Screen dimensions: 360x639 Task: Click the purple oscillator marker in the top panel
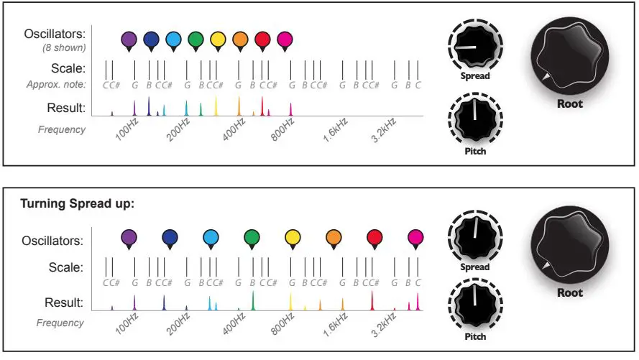point(129,40)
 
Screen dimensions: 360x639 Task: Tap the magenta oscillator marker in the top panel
point(285,40)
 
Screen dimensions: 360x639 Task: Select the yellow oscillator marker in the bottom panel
point(293,237)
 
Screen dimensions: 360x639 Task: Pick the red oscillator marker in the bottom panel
point(374,237)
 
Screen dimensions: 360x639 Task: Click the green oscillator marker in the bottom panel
point(252,237)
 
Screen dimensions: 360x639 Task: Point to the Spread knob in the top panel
point(475,45)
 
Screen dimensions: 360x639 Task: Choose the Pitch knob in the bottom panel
point(475,305)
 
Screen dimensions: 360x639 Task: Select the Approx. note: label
point(55,85)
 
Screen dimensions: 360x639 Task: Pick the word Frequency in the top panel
point(61,130)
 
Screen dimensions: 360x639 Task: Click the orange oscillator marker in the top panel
point(240,40)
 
